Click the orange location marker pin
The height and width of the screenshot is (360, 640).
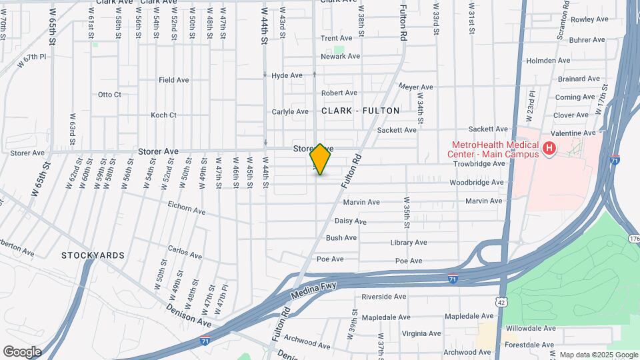(x=321, y=159)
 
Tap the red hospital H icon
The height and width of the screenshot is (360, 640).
(x=549, y=149)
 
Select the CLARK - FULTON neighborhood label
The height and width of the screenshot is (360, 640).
(x=361, y=111)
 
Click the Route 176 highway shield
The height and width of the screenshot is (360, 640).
(x=633, y=239)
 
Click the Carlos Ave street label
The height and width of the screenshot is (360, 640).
(x=185, y=254)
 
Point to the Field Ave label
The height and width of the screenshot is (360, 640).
(x=173, y=80)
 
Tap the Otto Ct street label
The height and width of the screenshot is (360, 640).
(x=109, y=95)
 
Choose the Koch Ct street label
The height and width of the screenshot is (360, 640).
(x=163, y=115)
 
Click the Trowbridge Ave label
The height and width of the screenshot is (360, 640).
(x=479, y=163)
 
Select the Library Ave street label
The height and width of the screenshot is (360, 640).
(x=409, y=243)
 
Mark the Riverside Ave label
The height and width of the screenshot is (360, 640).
(x=383, y=297)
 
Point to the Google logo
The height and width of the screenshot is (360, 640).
(x=22, y=352)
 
